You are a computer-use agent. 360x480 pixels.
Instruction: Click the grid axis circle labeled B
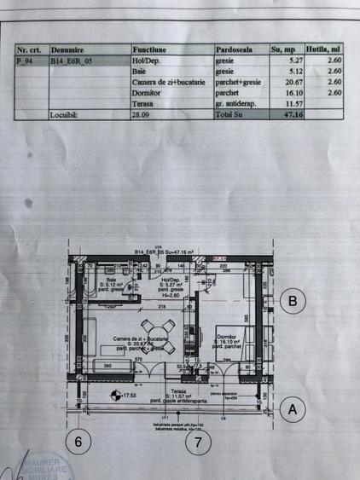(x=293, y=300)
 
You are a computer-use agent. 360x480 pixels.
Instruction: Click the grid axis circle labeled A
(x=293, y=408)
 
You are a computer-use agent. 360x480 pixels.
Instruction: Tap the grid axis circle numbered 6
(x=79, y=442)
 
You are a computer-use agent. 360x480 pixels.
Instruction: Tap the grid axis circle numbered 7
(x=198, y=442)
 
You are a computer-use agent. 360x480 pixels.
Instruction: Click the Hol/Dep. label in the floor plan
(x=170, y=280)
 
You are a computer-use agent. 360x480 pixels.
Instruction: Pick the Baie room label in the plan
(x=111, y=280)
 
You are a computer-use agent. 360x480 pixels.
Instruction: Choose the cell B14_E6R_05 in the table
(x=70, y=61)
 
